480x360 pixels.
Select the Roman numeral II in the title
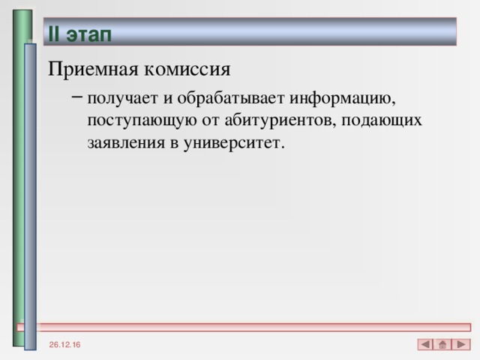point(54,34)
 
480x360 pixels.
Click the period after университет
point(283,146)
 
